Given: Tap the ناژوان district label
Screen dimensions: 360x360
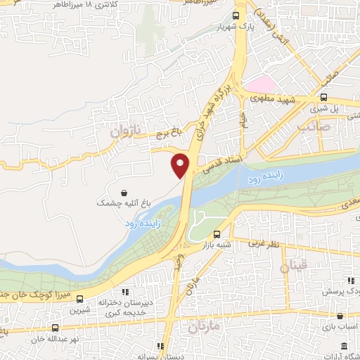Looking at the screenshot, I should pos(127,131).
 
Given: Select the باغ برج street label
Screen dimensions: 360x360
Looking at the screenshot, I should pos(169,130).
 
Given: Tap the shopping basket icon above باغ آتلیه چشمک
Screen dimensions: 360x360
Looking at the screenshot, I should pos(124,192).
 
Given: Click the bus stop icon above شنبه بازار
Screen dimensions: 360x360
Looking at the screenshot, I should pos(217,235).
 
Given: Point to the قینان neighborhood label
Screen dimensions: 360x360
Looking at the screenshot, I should pos(292,267).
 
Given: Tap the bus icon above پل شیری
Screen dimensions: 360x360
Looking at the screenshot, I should pos(323,98).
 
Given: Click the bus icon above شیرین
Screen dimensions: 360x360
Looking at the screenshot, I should pos(79,299).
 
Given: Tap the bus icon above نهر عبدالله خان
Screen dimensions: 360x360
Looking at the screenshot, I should pos(55,328).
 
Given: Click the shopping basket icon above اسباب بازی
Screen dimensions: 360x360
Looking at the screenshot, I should pos(340,316).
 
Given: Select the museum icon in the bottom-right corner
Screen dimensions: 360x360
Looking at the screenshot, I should pos(343,346).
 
